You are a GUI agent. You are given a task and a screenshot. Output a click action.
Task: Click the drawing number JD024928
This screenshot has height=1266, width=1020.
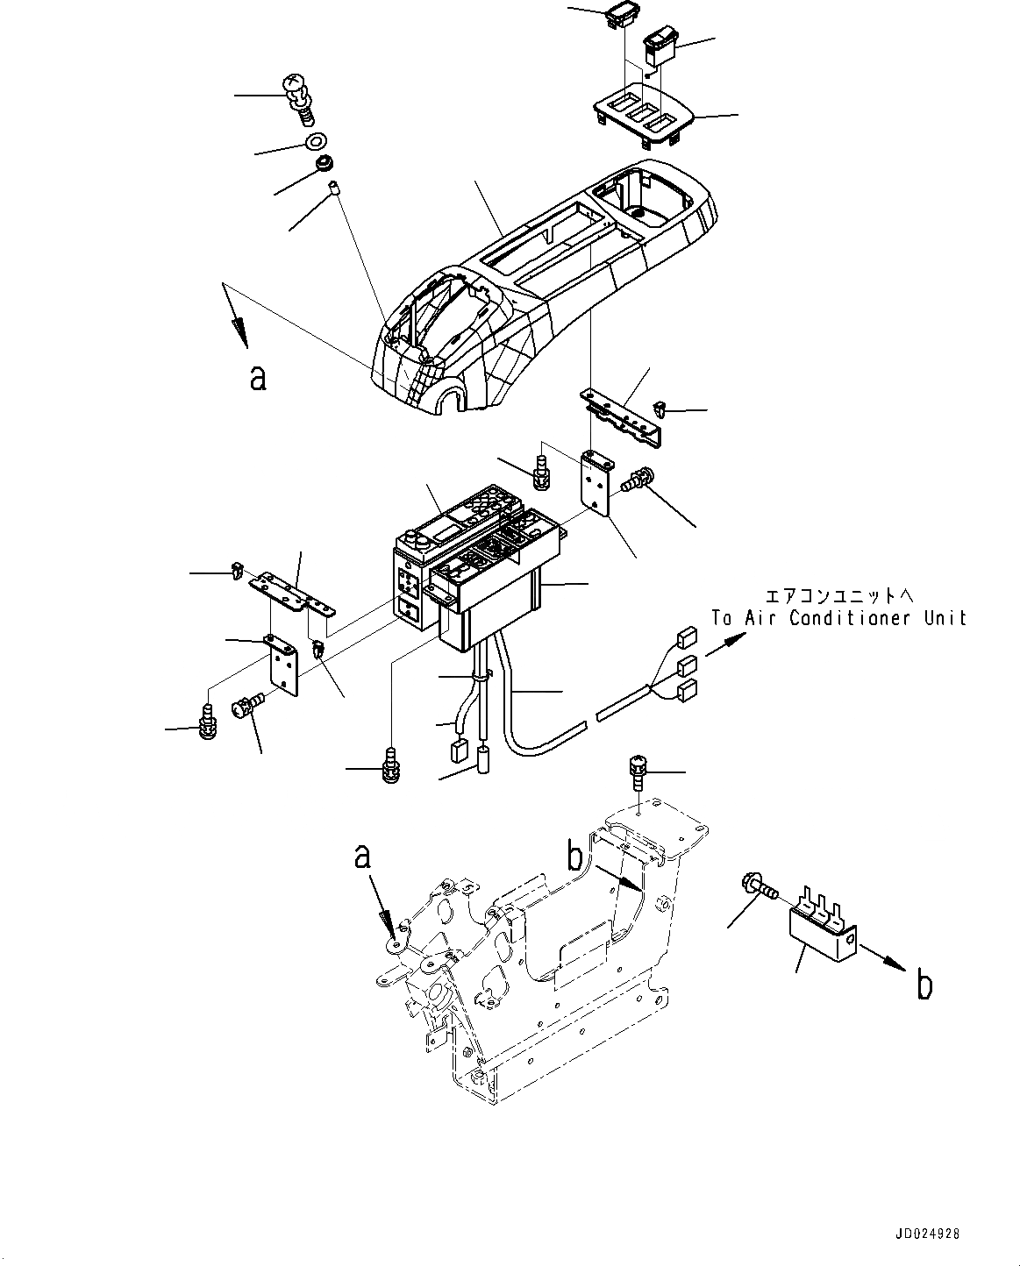pyautogui.click(x=927, y=1233)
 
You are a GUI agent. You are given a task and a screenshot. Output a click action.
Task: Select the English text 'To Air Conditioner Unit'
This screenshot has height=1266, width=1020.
pyautogui.click(x=838, y=618)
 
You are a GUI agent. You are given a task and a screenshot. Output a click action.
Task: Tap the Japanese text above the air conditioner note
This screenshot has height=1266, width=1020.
pyautogui.click(x=839, y=596)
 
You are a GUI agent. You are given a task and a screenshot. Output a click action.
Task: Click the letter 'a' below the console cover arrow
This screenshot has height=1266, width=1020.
pyautogui.click(x=257, y=377)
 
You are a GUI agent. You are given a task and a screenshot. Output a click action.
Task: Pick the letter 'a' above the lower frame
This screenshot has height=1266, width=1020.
pyautogui.click(x=362, y=856)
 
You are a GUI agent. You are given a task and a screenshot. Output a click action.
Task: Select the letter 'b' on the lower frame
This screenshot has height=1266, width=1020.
pyautogui.click(x=574, y=854)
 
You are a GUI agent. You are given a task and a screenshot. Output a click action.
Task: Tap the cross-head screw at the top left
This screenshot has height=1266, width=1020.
pyautogui.click(x=296, y=94)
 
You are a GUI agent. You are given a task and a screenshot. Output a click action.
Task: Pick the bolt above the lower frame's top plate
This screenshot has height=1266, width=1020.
pyautogui.click(x=638, y=772)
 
